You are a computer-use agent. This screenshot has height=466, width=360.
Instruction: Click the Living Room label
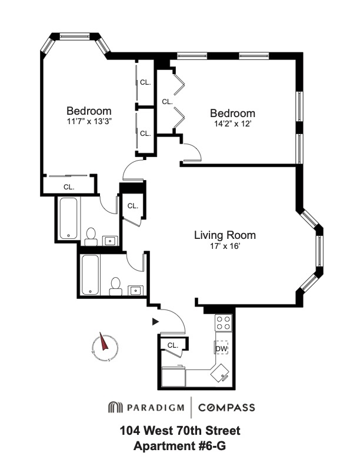[225, 235]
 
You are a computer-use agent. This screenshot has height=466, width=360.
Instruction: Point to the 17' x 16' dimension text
[225, 247]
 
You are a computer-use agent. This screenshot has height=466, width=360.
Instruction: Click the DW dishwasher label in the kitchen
[222, 348]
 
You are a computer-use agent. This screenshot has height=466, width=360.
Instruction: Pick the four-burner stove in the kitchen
[223, 322]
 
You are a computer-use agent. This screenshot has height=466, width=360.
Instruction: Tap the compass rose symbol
[105, 348]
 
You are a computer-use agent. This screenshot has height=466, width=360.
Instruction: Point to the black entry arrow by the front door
[155, 322]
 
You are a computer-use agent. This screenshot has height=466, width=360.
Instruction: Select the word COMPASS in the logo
[226, 407]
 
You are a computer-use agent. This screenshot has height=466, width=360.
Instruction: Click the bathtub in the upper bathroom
[69, 218]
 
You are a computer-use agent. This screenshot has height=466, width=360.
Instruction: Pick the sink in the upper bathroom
[109, 239]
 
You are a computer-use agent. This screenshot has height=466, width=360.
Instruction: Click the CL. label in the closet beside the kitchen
[173, 345]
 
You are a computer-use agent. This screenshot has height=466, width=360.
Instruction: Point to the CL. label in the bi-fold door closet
[167, 101]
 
